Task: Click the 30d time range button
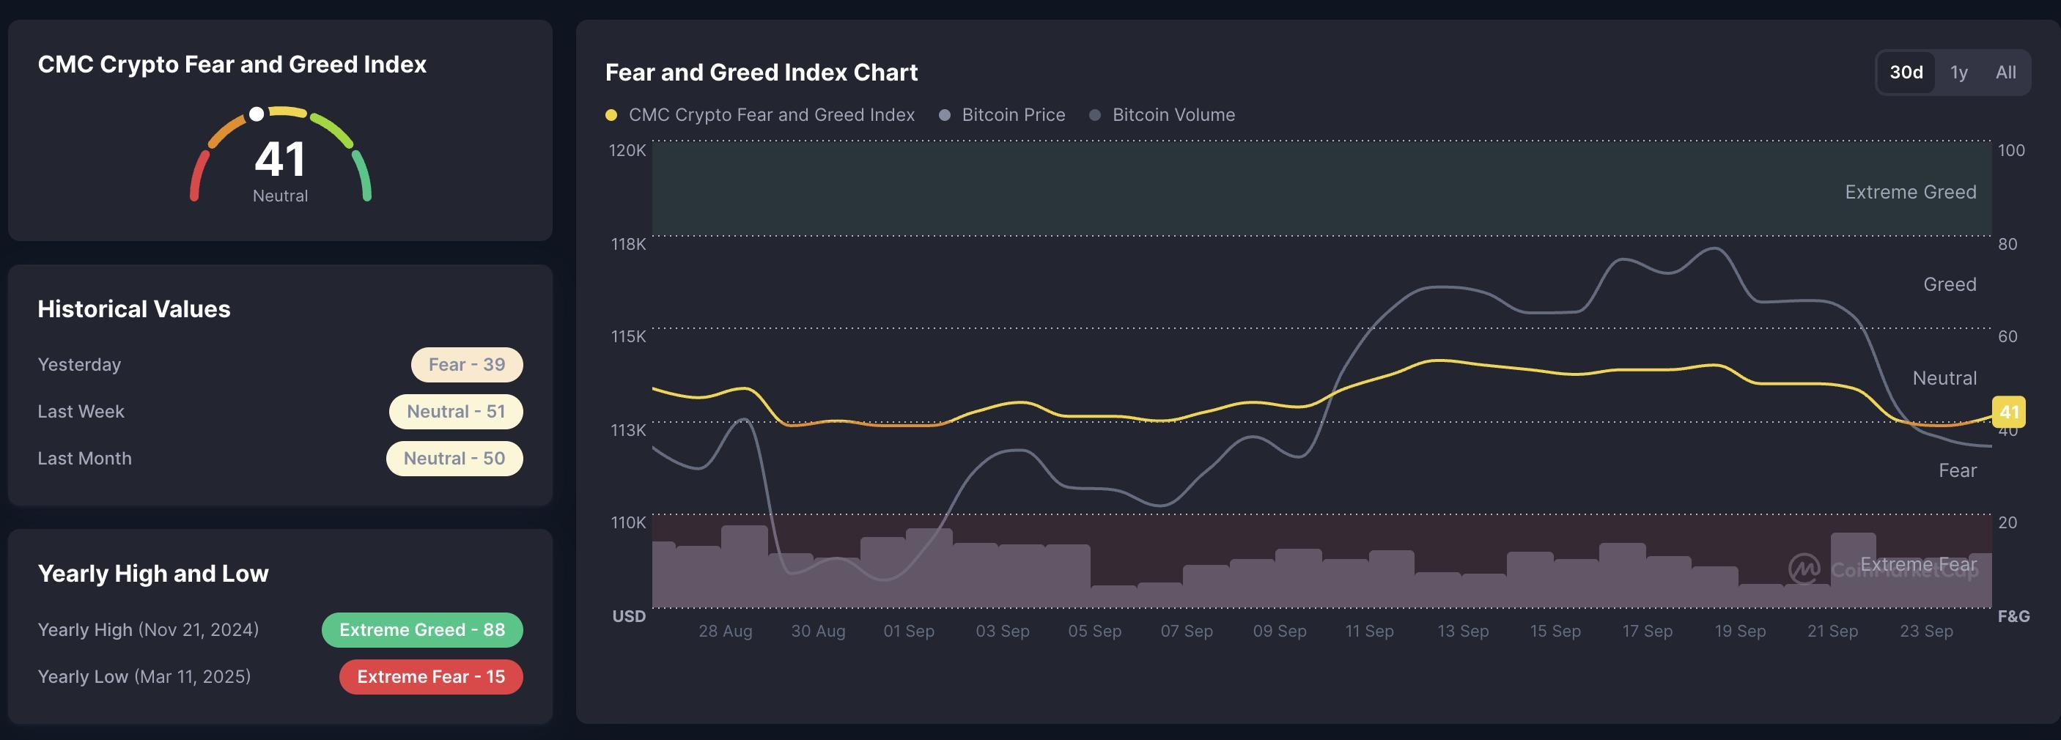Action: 1906,72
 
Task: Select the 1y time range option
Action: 1958,73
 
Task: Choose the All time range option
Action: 2005,72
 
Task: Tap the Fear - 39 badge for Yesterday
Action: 466,365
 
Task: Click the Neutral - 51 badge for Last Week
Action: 455,411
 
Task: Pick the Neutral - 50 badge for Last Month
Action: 454,459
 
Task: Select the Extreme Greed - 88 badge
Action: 421,629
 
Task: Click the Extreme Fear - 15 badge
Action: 430,677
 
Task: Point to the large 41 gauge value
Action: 280,158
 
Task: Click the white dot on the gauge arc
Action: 257,114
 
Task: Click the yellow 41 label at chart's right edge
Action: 2008,412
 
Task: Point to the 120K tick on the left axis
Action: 627,150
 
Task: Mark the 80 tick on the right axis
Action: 2007,244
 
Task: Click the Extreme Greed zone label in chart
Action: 1910,192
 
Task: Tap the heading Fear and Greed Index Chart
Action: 761,72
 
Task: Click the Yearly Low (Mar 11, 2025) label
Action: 144,677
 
